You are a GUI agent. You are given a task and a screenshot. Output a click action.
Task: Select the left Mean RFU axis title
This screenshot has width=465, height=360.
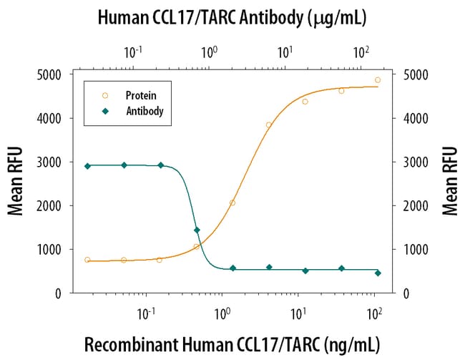tap(15, 181)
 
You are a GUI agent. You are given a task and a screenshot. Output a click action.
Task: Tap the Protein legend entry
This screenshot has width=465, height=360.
tap(141, 95)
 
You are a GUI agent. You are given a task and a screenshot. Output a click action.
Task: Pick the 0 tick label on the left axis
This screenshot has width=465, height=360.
tap(57, 293)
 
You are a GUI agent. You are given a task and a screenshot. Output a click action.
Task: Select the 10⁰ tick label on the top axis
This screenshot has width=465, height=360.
tap(209, 52)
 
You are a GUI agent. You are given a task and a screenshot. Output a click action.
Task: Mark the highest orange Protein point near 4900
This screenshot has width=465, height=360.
tap(378, 80)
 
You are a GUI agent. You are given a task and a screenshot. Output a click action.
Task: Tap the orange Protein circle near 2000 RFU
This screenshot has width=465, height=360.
tap(232, 203)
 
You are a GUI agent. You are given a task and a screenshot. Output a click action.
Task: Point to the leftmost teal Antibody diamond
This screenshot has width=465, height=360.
tap(87, 166)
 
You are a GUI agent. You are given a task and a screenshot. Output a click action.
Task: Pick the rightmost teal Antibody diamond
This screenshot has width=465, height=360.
tap(378, 273)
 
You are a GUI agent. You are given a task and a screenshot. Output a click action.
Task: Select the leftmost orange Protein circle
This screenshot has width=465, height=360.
tap(87, 260)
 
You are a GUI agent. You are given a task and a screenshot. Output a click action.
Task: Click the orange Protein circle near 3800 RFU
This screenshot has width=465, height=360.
tap(269, 125)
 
